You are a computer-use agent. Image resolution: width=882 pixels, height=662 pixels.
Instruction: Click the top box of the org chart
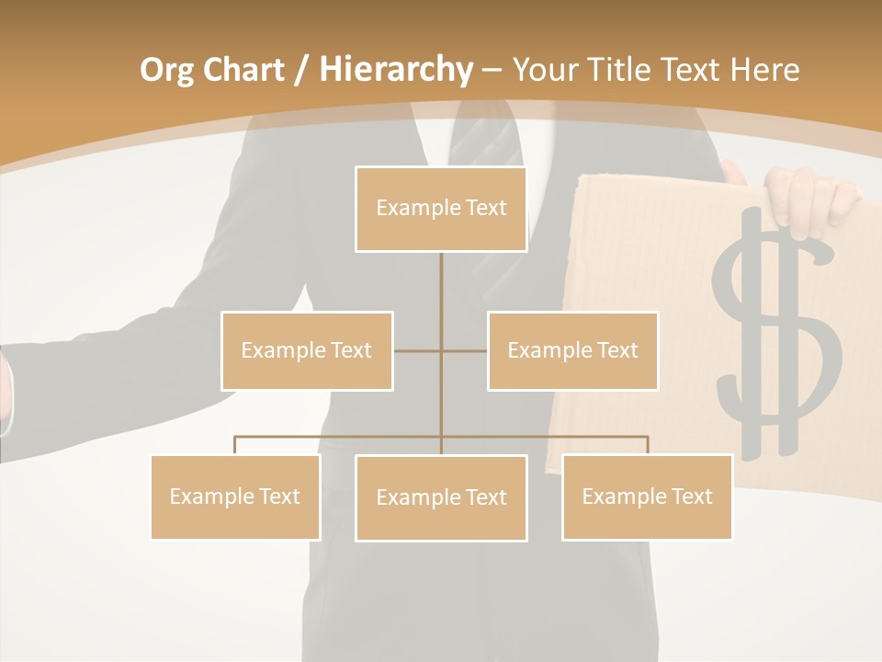click(441, 209)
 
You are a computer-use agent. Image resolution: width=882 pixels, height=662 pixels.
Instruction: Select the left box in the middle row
click(307, 350)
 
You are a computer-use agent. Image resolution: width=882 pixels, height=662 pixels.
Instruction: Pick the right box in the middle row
click(572, 350)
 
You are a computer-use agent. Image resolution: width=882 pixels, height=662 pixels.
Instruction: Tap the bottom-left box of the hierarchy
click(235, 496)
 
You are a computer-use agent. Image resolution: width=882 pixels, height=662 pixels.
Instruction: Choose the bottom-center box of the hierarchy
click(441, 497)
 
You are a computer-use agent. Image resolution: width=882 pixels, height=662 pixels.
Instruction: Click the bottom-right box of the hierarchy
click(647, 496)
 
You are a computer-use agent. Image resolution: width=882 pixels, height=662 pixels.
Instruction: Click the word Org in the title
click(167, 70)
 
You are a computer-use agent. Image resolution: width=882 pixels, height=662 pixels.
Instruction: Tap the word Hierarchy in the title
click(395, 70)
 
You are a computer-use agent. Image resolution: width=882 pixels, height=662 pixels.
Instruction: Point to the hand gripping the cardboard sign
click(808, 198)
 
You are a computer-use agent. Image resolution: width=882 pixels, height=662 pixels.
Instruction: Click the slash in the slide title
click(301, 70)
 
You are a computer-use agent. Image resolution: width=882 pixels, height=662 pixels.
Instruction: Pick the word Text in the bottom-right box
click(691, 496)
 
